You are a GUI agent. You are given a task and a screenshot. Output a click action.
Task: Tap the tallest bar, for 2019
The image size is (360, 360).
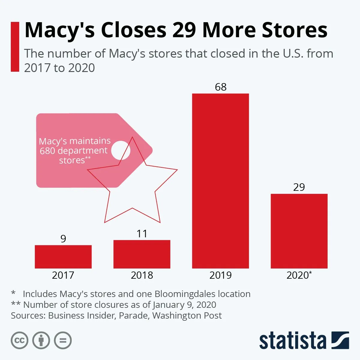pos(220,181)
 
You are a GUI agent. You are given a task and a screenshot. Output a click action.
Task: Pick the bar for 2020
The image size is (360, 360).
pos(299,231)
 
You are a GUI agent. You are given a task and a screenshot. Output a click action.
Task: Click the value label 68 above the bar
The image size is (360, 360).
pos(220,87)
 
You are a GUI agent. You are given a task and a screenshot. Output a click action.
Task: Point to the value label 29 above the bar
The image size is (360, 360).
pos(299,187)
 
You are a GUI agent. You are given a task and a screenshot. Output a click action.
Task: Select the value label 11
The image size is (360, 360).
pos(142,234)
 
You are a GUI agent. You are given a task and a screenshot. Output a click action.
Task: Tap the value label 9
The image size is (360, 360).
pos(63,239)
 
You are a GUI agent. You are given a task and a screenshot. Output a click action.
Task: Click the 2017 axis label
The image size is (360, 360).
pos(63,275)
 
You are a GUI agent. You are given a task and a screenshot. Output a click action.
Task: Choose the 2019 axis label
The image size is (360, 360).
pos(220,275)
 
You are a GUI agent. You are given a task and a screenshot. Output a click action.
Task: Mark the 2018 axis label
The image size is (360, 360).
pos(142,275)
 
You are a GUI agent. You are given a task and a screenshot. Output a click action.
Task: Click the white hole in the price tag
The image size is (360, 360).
pos(121,150)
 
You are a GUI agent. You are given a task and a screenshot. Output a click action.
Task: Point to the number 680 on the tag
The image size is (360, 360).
pos(47,151)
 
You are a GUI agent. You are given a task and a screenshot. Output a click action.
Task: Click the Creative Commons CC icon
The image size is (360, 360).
pos(19,340)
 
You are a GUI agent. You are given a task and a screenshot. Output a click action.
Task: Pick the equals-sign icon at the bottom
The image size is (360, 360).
pos(63,340)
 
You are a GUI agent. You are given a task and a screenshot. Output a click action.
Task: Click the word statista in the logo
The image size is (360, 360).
pos(292,341)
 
